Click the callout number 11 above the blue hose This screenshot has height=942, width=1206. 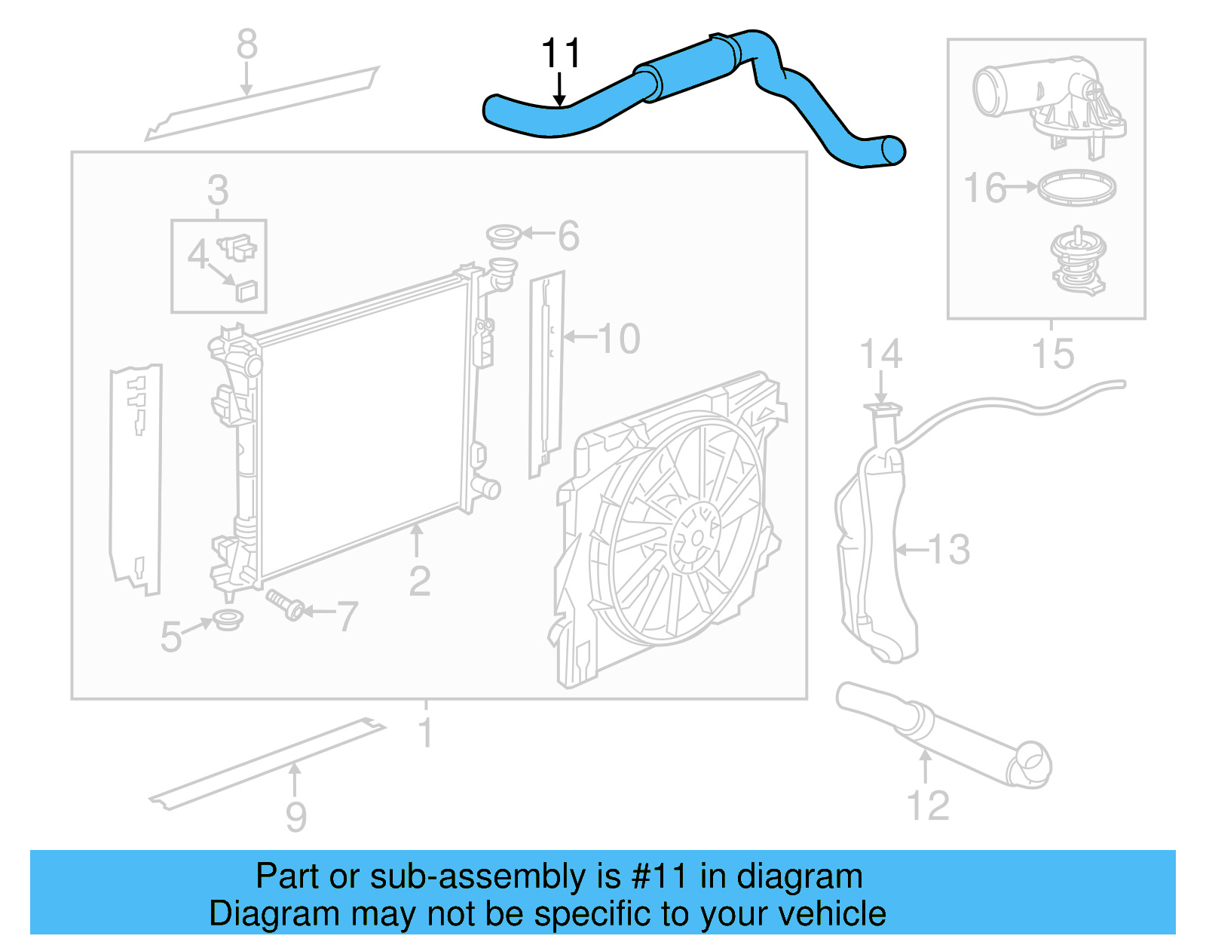coord(561,54)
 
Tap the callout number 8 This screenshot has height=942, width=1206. coord(246,44)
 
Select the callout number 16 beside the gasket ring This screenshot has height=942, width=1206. coord(984,188)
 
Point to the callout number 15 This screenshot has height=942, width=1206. coord(1052,354)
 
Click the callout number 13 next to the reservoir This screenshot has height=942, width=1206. coord(949,549)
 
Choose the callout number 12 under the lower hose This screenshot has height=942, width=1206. coord(928,805)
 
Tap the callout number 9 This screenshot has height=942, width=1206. coord(296,817)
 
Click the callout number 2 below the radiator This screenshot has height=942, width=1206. coord(419,581)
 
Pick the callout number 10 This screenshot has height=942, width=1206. coord(619,339)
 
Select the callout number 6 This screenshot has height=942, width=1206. coord(568,236)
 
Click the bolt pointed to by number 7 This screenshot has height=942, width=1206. coord(286,605)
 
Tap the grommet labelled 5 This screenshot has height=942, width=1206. coord(227,620)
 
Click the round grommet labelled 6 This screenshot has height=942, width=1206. coord(504,236)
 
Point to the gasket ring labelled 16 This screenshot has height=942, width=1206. coord(1076,187)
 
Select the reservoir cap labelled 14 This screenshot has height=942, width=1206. coord(883,410)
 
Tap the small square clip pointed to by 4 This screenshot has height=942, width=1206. coord(246,290)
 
